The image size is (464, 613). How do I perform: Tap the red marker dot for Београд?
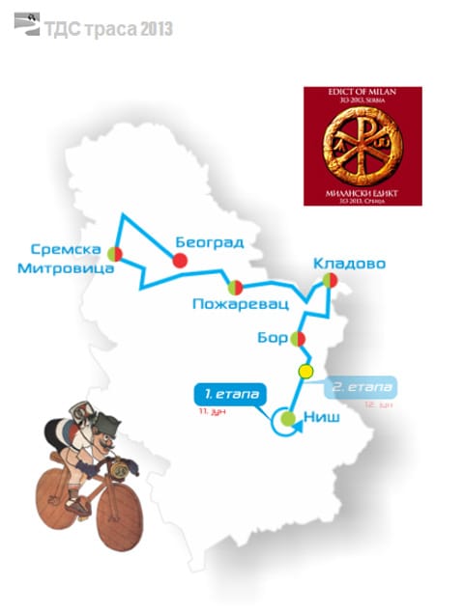pyautogui.click(x=179, y=260)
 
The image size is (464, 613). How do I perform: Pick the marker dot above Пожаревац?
pyautogui.click(x=235, y=287)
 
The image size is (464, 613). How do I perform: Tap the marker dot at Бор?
pyautogui.click(x=299, y=338)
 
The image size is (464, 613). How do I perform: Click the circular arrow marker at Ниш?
pyautogui.click(x=287, y=419)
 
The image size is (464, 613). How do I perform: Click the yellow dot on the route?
pyautogui.click(x=305, y=372)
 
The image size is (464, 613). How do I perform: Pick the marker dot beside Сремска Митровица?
pyautogui.click(x=115, y=254)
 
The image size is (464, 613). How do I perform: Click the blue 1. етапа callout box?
pyautogui.click(x=229, y=395)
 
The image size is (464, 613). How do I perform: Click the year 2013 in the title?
pyautogui.click(x=156, y=30)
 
